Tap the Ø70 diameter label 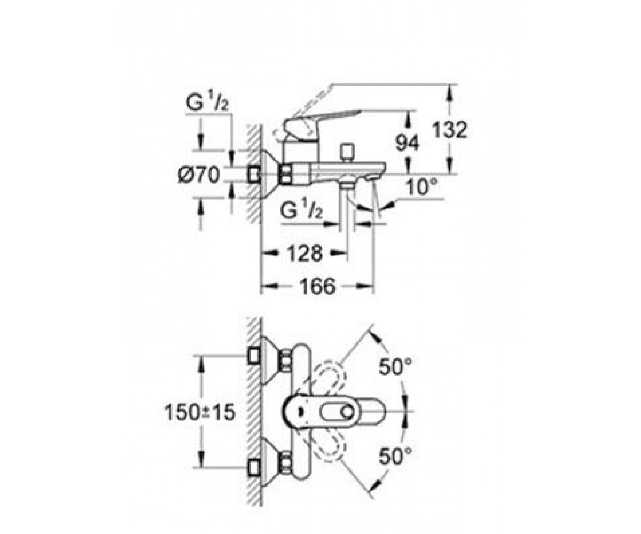coord(199,175)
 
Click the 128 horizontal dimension coord(305,254)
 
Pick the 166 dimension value coord(317,286)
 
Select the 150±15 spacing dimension coord(200,412)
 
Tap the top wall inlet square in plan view coord(254,356)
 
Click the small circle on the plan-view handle coord(348,412)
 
